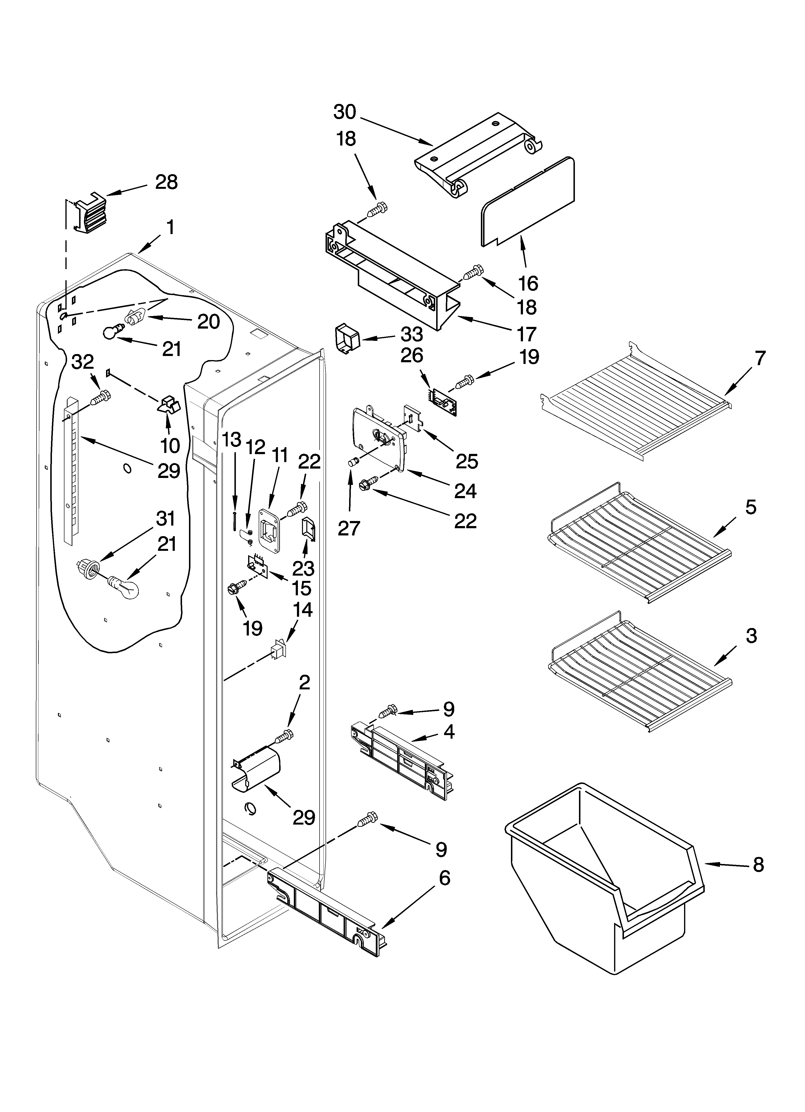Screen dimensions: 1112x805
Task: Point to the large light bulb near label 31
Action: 124,586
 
